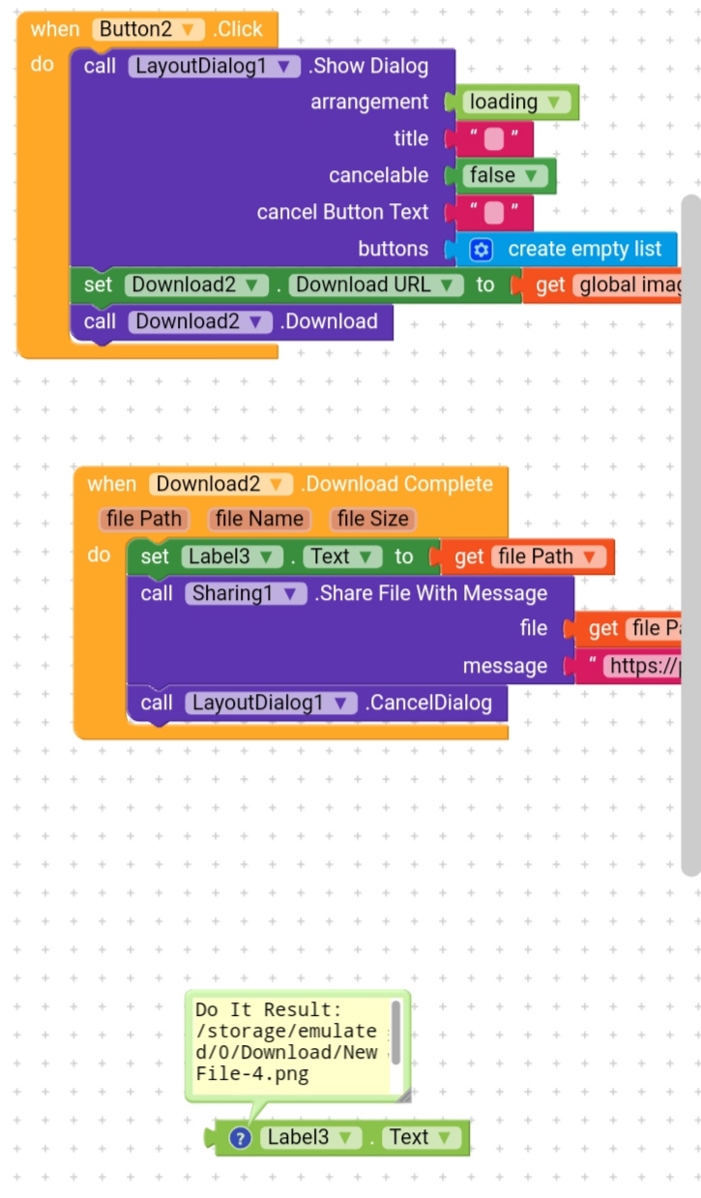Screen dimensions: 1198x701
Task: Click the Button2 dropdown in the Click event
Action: point(148,29)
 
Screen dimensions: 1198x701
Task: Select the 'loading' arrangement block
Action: point(515,102)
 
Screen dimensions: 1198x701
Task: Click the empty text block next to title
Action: point(493,138)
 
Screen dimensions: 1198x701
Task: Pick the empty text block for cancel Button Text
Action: point(493,212)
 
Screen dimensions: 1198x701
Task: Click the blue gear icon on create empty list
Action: point(481,250)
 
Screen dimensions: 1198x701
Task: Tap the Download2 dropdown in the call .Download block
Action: point(200,321)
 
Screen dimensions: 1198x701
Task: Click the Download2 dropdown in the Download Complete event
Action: point(221,484)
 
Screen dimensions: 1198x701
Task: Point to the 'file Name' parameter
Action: point(259,519)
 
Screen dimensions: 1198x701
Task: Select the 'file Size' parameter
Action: point(372,519)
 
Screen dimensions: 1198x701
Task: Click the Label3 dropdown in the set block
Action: point(231,556)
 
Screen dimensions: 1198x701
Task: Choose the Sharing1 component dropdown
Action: point(246,593)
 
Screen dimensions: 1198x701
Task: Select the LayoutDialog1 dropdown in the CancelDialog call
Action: point(271,703)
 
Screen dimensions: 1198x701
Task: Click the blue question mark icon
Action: point(240,1138)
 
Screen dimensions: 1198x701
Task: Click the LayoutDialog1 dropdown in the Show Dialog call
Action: point(215,66)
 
